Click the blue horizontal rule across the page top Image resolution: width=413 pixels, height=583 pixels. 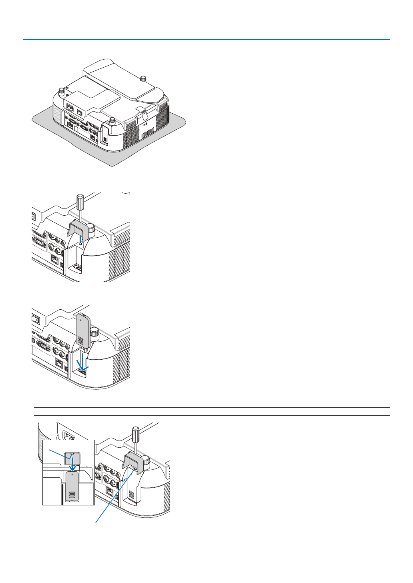(x=206, y=40)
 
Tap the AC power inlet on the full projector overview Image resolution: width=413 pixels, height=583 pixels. (x=70, y=108)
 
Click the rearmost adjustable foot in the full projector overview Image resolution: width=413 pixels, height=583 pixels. (x=143, y=78)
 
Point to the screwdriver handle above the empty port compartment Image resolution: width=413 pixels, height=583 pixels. (x=80, y=202)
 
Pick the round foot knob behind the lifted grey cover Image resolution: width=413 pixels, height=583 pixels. (x=92, y=228)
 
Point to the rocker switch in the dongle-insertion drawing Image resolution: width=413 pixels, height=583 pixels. (x=35, y=321)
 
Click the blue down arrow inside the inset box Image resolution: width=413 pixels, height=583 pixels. (x=72, y=464)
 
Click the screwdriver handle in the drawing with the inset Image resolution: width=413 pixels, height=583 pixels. (x=136, y=433)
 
